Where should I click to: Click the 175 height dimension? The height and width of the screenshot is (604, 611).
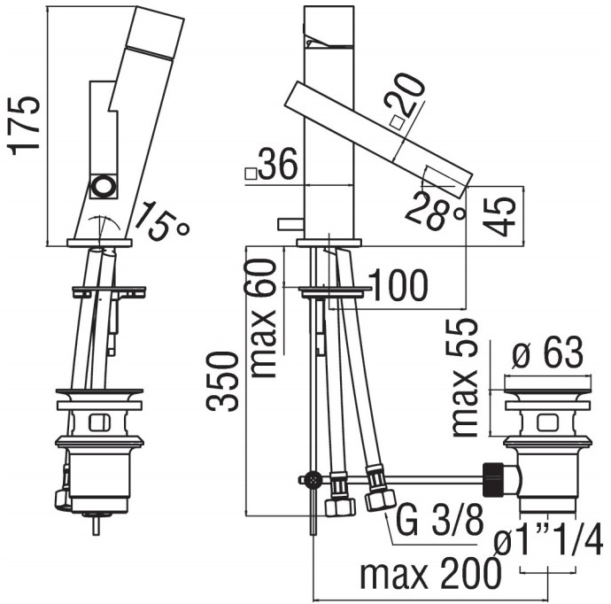pos(26,124)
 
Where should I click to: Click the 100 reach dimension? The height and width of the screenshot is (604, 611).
pos(398,285)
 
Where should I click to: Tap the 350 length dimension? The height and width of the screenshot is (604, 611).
pos(224,381)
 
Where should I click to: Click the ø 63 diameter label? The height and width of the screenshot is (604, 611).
pos(549,354)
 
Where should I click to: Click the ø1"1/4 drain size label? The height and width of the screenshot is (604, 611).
pos(549,540)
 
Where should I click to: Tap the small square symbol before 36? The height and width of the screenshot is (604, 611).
pos(251,174)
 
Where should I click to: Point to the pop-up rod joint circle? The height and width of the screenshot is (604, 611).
pos(311,479)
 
